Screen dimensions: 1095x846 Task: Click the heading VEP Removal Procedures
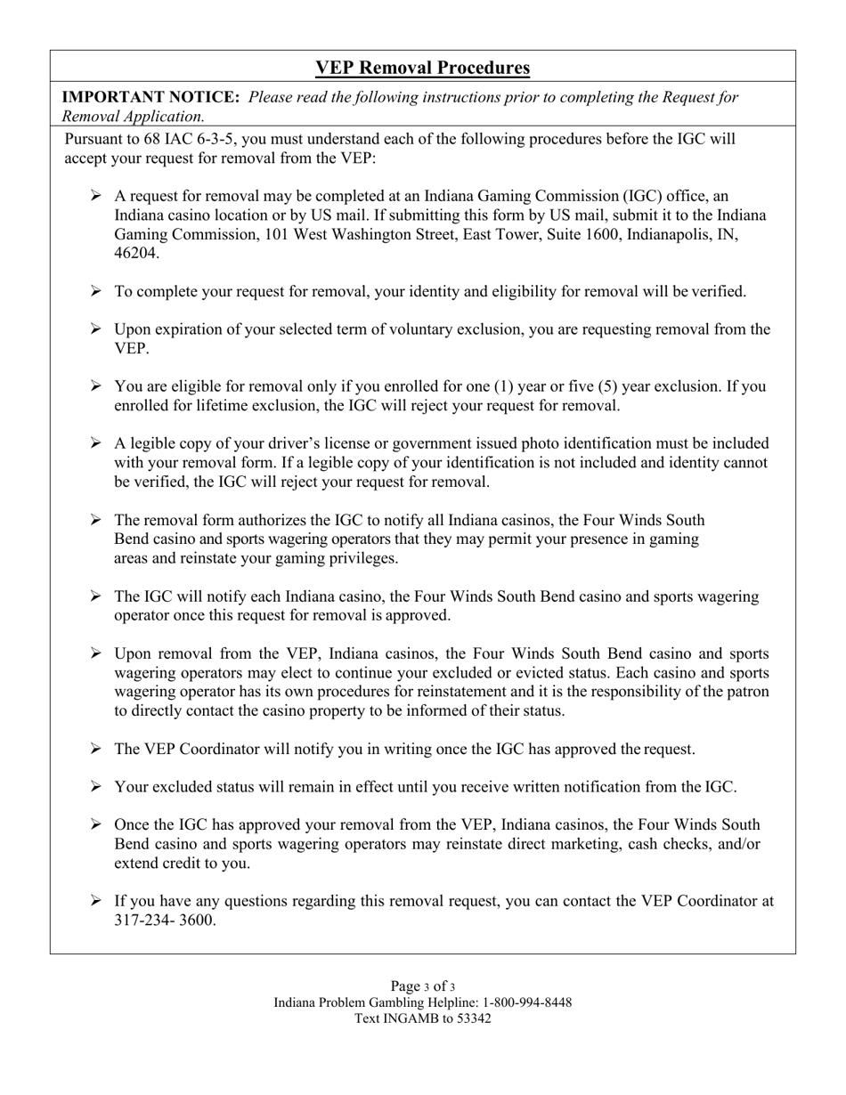pos(422,68)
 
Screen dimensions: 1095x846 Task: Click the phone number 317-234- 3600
pos(165,921)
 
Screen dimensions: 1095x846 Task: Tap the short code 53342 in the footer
pos(473,1018)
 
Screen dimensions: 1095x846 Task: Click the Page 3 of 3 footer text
pos(422,986)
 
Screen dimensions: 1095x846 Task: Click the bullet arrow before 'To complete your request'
pos(96,291)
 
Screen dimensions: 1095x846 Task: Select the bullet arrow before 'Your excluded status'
pos(96,787)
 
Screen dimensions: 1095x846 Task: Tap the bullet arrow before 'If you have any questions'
pos(96,901)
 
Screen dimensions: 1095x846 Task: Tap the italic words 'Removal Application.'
pos(133,117)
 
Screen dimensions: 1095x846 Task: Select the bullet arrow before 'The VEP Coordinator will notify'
pos(96,749)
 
